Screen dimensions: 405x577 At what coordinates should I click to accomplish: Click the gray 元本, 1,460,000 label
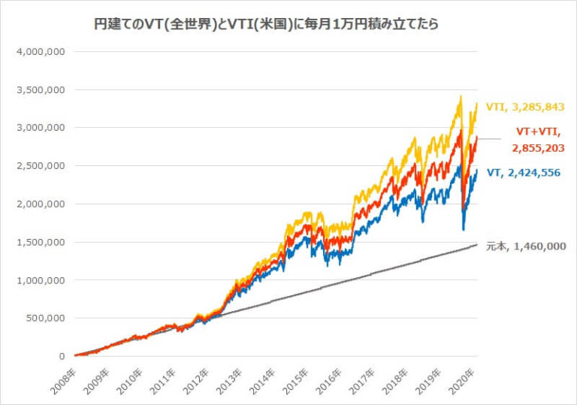525,246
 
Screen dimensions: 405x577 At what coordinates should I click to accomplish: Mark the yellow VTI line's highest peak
460,96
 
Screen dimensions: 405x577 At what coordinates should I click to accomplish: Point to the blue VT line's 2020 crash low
463,229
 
